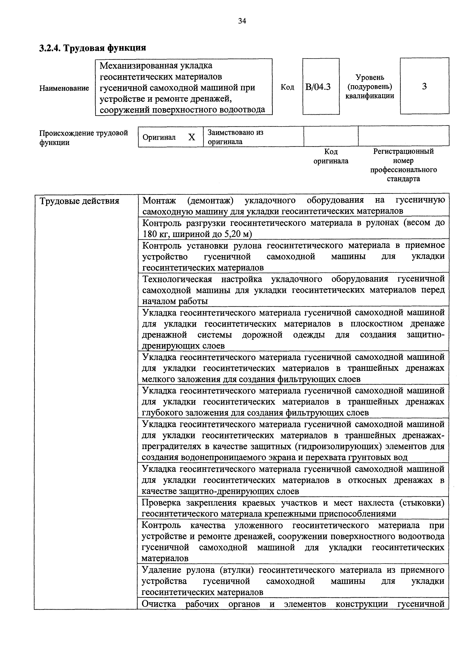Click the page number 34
(x=242, y=21)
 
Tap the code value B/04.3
(x=318, y=87)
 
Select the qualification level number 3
(x=424, y=86)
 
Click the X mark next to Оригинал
(x=192, y=137)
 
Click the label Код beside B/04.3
(x=287, y=87)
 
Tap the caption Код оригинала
(x=331, y=156)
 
